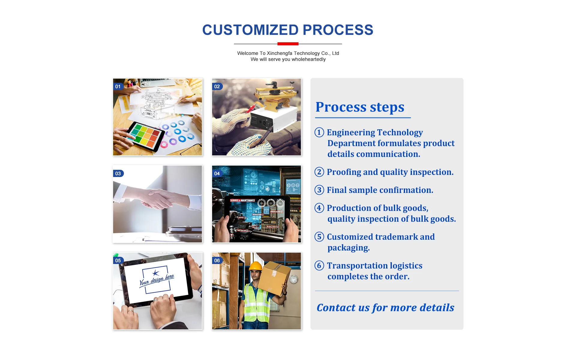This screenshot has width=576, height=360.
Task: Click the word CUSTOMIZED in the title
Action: tap(250, 30)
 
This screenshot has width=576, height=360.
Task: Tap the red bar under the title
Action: tap(288, 44)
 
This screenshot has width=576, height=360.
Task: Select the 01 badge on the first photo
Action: tap(118, 87)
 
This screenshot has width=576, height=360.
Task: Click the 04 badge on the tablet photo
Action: tap(217, 173)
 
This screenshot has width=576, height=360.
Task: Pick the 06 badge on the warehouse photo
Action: tap(217, 260)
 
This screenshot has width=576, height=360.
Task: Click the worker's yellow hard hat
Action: tap(256, 266)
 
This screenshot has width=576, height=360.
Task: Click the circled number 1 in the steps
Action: tap(319, 132)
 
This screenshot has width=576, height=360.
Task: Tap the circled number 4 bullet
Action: tap(319, 208)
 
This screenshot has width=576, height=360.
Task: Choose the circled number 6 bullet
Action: tap(319, 265)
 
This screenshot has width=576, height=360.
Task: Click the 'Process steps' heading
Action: tap(360, 107)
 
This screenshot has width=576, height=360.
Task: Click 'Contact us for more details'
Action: tap(385, 307)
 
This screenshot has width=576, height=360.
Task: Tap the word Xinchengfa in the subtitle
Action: tap(279, 53)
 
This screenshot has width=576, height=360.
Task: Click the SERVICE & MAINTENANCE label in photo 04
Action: tap(242, 200)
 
